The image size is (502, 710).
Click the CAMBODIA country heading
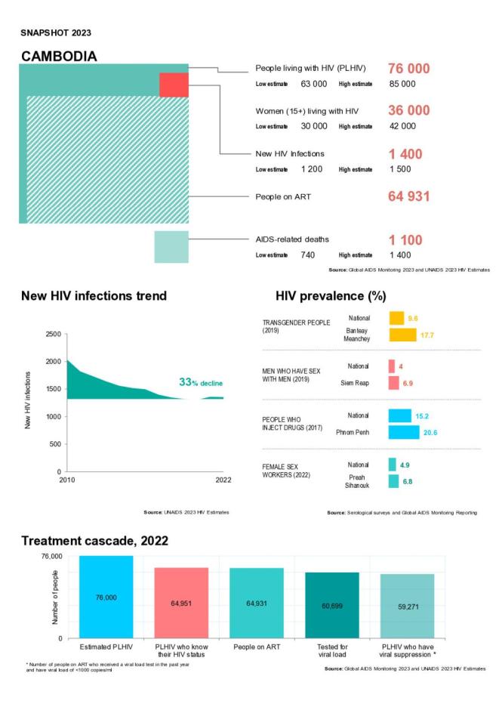coord(58,57)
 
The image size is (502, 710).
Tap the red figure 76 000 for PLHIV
coord(408,69)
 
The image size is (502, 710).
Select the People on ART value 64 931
coord(408,197)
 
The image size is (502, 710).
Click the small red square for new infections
coord(174,85)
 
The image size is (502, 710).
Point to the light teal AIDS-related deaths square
coord(171,247)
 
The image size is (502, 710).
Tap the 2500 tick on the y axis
coord(52,334)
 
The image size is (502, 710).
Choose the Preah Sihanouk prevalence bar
coord(393,481)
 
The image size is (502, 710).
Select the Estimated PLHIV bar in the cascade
coord(106,597)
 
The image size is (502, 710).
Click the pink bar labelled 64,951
coord(181,603)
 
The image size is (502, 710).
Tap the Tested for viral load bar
coord(332,605)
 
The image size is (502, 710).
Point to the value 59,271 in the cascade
coord(408,606)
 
